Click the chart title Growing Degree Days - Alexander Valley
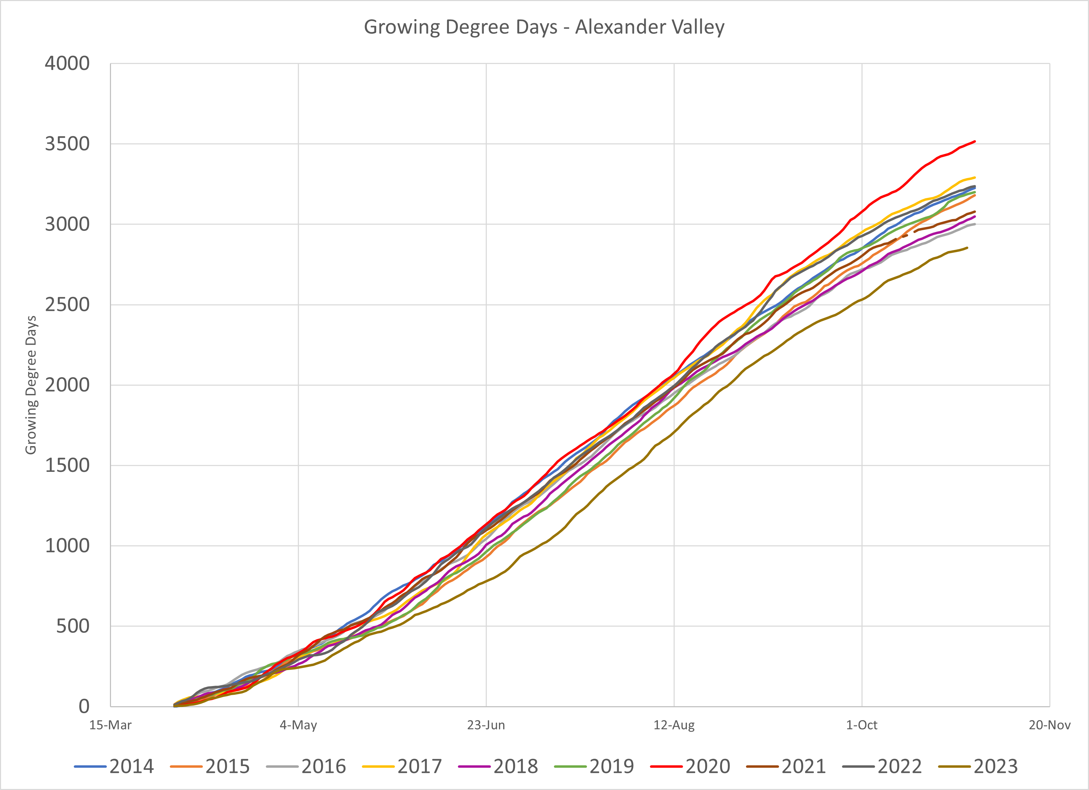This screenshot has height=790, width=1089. click(x=544, y=27)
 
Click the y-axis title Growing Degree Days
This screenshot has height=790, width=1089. click(x=31, y=385)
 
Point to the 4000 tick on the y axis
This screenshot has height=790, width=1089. click(x=67, y=63)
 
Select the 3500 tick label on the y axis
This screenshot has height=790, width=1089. click(x=67, y=144)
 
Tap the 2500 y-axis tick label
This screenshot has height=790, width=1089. click(x=67, y=305)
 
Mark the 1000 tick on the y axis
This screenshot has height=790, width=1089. click(x=67, y=546)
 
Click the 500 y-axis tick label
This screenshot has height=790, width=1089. click(x=72, y=626)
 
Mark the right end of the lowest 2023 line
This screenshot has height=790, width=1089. click(x=967, y=248)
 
